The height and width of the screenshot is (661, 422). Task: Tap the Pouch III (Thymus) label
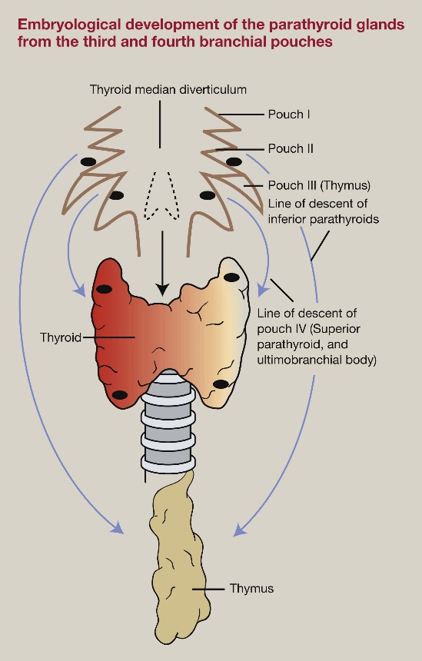319,185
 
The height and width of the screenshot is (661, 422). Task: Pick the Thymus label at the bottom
251,589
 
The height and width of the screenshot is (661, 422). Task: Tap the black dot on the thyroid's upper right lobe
231,277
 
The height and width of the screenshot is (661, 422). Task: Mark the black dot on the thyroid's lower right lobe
221,384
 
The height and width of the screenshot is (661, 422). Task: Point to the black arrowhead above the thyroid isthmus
161,291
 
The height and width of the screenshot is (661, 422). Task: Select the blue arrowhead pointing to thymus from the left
118,530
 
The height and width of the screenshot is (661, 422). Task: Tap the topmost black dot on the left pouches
88,161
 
